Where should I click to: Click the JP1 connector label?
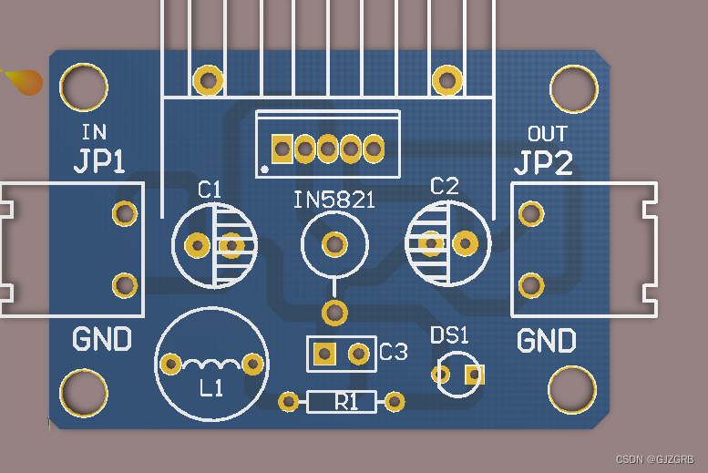(99, 161)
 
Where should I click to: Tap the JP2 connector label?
(543, 163)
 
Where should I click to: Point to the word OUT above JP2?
(547, 134)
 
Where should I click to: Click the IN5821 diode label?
(333, 200)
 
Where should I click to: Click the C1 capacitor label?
(210, 190)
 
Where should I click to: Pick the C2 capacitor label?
(444, 187)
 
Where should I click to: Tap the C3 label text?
(394, 352)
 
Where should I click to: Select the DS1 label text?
(448, 334)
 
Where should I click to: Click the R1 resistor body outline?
(341, 401)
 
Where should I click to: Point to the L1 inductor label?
(211, 388)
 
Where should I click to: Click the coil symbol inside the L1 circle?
(211, 364)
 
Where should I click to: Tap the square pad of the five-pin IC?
(282, 148)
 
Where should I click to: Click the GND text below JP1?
(102, 340)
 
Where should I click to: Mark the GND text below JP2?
(547, 342)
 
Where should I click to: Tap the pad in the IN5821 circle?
(334, 243)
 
